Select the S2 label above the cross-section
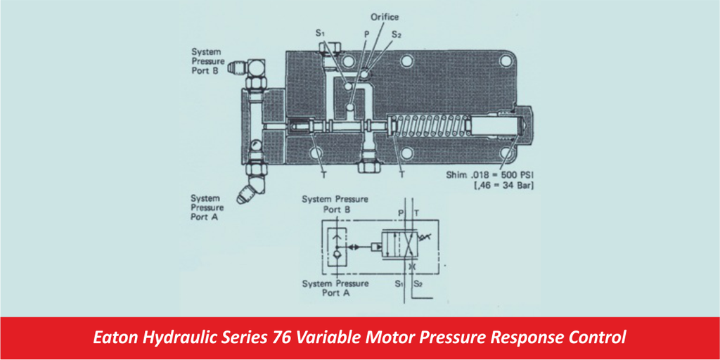tap(397, 33)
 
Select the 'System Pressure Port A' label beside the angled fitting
tap(207, 208)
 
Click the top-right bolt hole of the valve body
tap(502, 60)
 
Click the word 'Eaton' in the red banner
tap(115, 338)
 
